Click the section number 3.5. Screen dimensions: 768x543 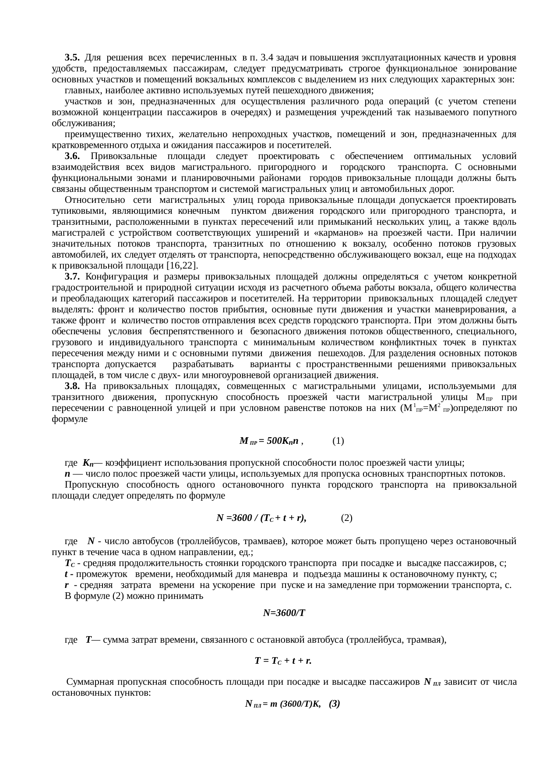click(72, 57)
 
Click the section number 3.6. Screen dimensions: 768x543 click(72, 156)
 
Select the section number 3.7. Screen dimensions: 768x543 click(72, 276)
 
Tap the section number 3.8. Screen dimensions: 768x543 click(72, 386)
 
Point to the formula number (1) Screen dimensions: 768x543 click(338, 441)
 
